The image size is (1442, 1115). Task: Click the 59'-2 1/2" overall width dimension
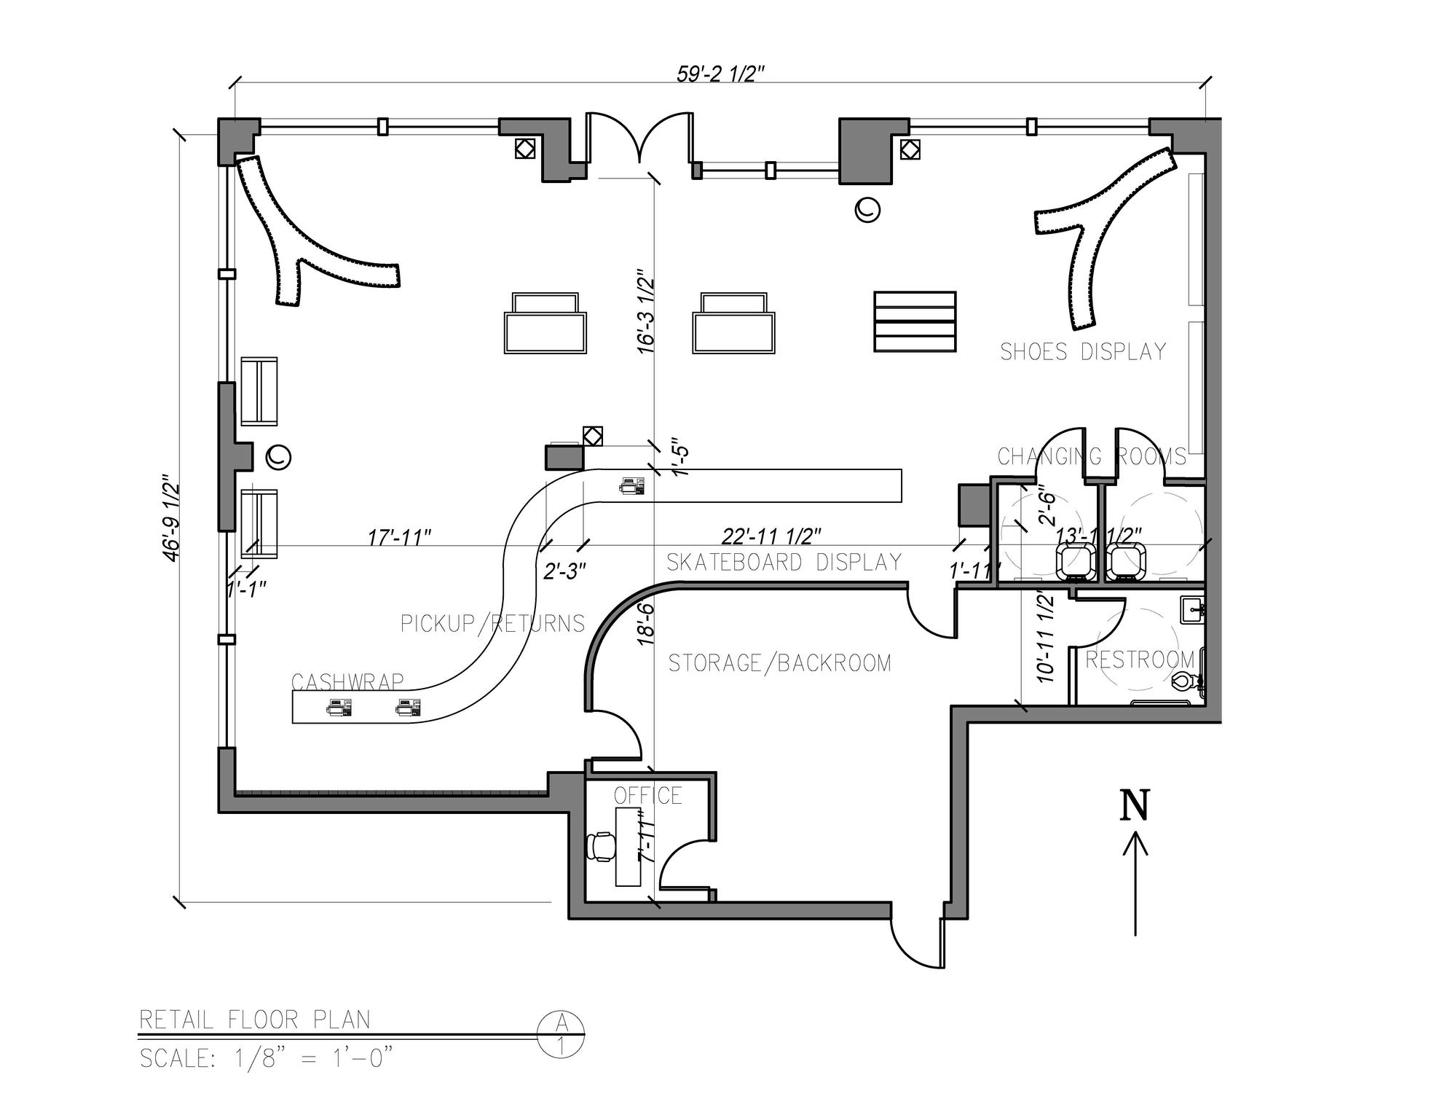point(720,74)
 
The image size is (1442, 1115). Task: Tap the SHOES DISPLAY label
point(1083,352)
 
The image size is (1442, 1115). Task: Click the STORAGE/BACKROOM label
point(779,663)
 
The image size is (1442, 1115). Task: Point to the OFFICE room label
point(647,795)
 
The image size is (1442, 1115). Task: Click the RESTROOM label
point(1140,660)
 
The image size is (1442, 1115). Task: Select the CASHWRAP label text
point(347,681)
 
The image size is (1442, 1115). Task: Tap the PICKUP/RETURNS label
point(492,624)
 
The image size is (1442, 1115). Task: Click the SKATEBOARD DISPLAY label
point(784,562)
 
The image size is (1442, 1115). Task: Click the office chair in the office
point(601,847)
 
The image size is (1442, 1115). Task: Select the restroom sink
point(1194,610)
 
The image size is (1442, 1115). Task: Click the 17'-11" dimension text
point(399,537)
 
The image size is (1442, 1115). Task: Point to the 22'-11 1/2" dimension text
point(771,536)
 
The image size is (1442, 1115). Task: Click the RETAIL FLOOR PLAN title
point(255,1020)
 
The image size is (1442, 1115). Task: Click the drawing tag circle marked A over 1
point(560,1035)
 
